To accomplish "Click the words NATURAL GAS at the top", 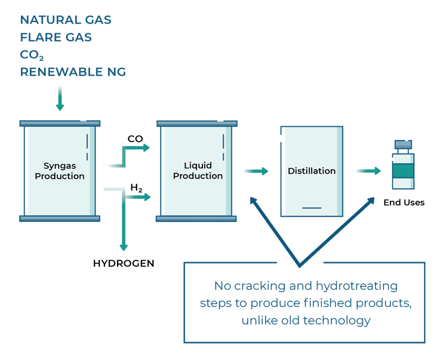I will point(65,20).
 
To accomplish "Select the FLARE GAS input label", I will point(56,37).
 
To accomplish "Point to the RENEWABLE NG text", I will point(73,72).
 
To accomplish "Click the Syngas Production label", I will point(60,171).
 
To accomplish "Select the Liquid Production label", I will point(198,171).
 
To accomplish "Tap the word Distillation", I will point(312,171).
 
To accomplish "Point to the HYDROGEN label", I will point(125,264).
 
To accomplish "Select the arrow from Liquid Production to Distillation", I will point(254,171).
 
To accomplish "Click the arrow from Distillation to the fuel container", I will point(367,171).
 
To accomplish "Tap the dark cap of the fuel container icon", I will point(403,144).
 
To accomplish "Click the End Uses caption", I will point(404,202).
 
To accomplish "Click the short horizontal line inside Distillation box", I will point(311,208).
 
